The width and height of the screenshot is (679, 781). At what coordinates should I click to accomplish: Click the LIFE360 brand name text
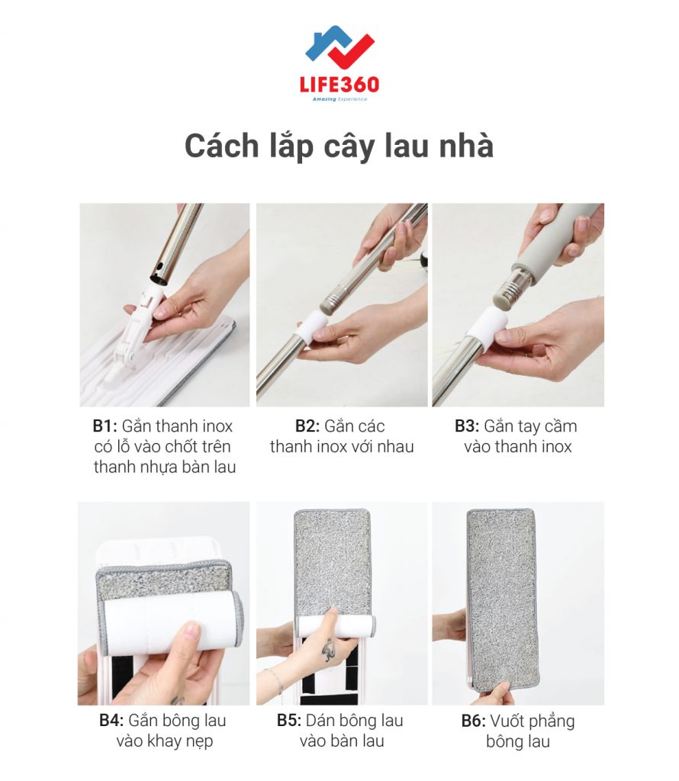coord(339,85)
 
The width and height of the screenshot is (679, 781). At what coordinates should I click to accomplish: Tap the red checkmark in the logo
coord(349,53)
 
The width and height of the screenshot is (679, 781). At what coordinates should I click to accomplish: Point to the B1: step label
coord(105,426)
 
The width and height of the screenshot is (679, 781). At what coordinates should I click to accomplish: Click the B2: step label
coord(307,426)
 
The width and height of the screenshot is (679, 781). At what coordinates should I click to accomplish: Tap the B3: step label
coord(467,426)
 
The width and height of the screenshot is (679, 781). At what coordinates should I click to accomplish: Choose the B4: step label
coord(111,720)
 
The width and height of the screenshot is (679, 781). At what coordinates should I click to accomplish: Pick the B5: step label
coord(289,720)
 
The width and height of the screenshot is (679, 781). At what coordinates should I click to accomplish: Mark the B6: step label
coord(473,721)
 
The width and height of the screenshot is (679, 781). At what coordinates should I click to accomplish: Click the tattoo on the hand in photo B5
coord(328,648)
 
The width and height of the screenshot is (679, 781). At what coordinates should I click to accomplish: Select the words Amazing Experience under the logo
coord(339,100)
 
